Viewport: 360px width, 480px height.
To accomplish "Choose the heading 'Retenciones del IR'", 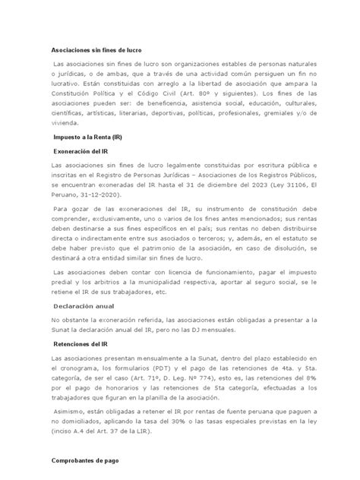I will click(x=81, y=344).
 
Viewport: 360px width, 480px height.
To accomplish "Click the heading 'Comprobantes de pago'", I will click(x=85, y=461).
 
